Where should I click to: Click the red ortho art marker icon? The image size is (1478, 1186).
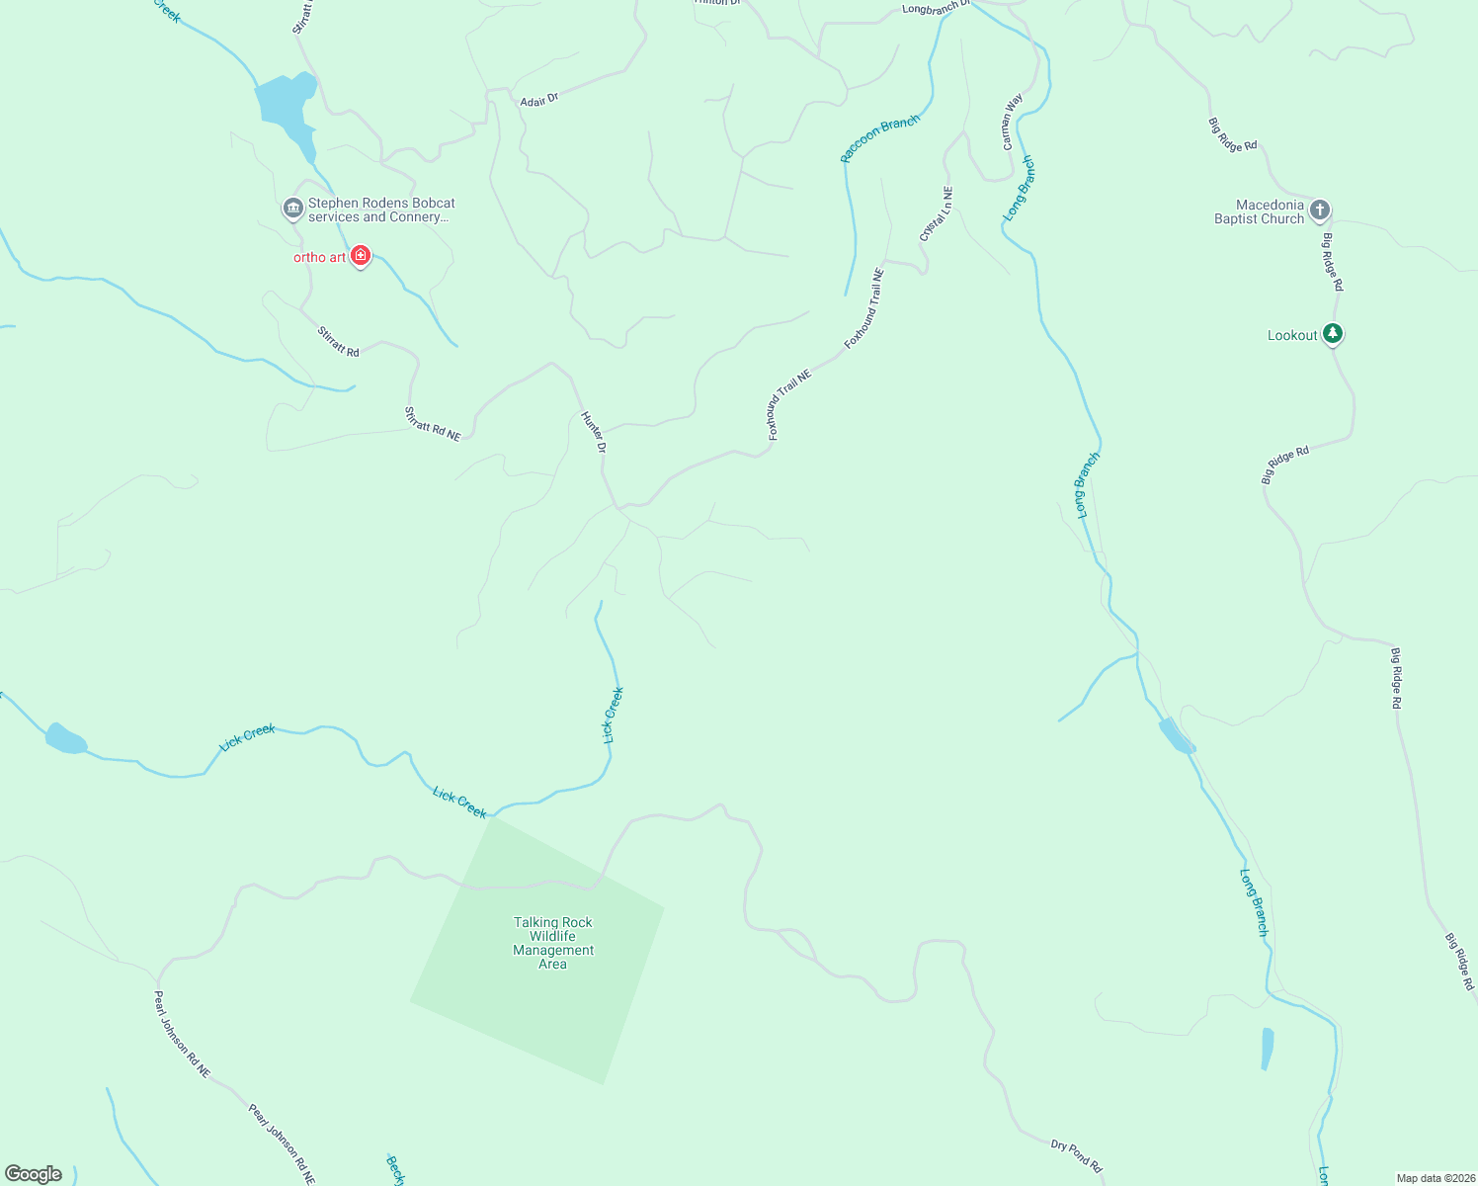pyautogui.click(x=361, y=256)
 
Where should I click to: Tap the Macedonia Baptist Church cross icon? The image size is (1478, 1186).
pyautogui.click(x=1320, y=211)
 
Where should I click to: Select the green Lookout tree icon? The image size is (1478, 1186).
pyautogui.click(x=1333, y=334)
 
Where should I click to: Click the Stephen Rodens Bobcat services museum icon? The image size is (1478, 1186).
pyautogui.click(x=292, y=209)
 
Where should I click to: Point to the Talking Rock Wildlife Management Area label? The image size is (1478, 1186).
pyautogui.click(x=553, y=943)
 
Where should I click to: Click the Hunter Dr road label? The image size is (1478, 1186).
pyautogui.click(x=593, y=432)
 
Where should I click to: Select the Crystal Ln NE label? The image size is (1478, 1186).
pyautogui.click(x=936, y=213)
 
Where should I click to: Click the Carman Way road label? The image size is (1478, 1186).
pyautogui.click(x=1013, y=122)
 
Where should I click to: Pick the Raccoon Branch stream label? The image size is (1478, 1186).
pyautogui.click(x=879, y=137)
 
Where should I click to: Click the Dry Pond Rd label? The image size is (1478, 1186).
pyautogui.click(x=1076, y=1154)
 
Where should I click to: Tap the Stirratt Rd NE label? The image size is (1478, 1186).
pyautogui.click(x=433, y=423)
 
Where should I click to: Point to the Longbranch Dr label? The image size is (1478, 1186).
pyautogui.click(x=936, y=9)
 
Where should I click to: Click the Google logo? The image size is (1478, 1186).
pyautogui.click(x=34, y=1173)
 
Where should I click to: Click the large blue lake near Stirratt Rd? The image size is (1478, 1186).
pyautogui.click(x=284, y=105)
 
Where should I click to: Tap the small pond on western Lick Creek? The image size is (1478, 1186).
pyautogui.click(x=65, y=738)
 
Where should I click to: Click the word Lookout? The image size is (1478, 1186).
pyautogui.click(x=1292, y=335)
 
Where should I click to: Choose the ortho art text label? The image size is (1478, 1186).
pyautogui.click(x=320, y=257)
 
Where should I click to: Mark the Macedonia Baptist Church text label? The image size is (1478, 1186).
pyautogui.click(x=1260, y=212)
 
